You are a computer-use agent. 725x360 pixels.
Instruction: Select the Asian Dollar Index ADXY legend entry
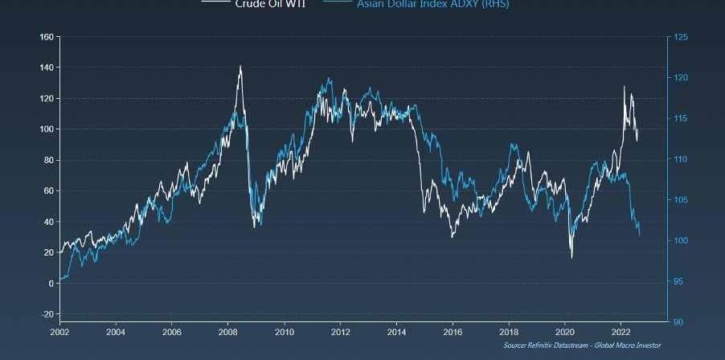pos(432,3)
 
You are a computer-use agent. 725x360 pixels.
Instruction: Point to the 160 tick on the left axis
pos(46,37)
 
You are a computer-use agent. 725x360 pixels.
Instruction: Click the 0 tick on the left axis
pos(50,284)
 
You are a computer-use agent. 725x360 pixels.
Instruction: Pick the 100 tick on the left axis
pos(46,129)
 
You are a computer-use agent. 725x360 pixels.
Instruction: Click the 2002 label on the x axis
pos(59,331)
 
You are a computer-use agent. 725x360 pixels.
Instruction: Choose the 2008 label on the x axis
pos(227,331)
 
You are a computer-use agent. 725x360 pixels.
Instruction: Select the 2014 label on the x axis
pos(396,331)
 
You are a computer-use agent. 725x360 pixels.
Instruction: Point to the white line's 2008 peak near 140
pos(240,66)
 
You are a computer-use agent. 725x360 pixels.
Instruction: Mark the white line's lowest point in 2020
pos(571,257)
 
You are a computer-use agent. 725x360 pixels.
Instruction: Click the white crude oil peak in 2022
pos(624,86)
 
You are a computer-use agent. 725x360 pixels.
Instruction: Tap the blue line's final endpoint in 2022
pos(640,235)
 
